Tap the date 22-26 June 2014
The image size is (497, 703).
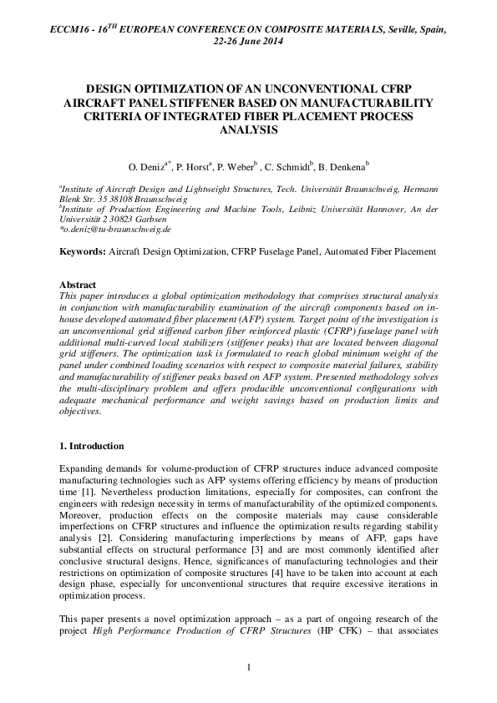[248, 41]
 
